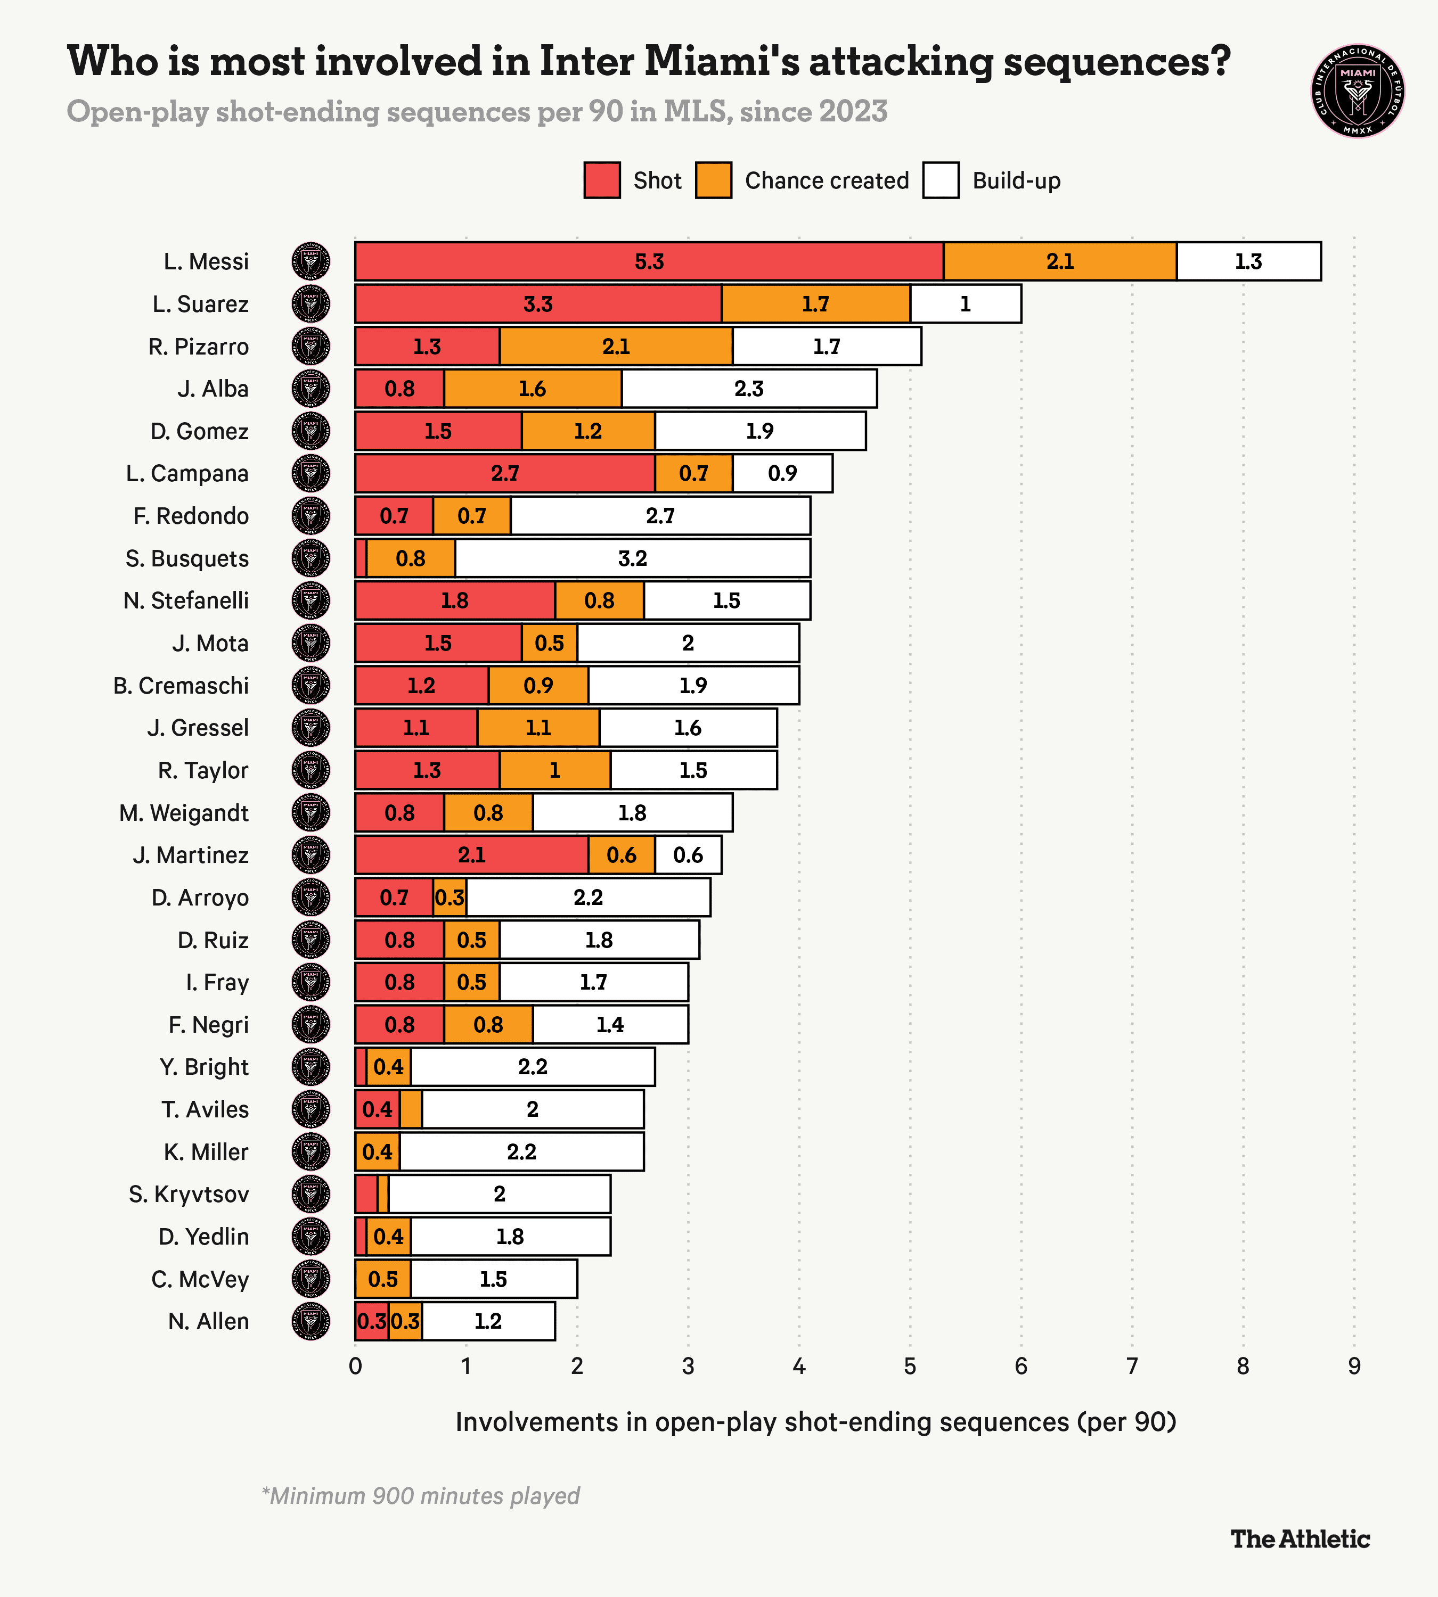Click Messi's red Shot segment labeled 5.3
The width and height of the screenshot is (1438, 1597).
tap(649, 261)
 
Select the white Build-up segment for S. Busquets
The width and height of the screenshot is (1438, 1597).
tap(632, 558)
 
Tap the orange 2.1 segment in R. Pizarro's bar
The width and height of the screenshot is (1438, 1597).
tap(616, 347)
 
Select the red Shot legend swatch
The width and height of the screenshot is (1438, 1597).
tap(602, 180)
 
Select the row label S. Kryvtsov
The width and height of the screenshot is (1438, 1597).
tap(189, 1194)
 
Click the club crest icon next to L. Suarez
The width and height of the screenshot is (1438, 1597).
tap(311, 304)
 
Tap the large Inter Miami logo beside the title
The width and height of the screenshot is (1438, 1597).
tap(1358, 91)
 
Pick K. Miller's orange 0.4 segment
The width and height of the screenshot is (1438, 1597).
tap(377, 1151)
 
